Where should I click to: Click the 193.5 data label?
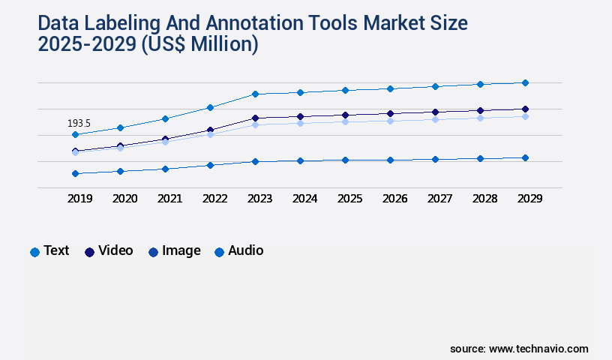tap(79, 123)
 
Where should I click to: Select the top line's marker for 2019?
tap(75, 135)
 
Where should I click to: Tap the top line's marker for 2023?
tap(255, 94)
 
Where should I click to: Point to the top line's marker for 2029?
tap(525, 82)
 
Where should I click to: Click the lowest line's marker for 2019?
tap(75, 173)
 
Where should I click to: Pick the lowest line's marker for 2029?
tap(525, 157)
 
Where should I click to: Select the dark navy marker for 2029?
tap(525, 109)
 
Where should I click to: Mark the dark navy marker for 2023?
tap(255, 118)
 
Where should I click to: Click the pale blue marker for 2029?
tap(525, 116)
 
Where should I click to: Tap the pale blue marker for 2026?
tap(390, 121)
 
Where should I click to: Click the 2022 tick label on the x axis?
tap(214, 199)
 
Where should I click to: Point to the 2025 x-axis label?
tap(349, 199)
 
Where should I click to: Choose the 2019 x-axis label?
tap(79, 199)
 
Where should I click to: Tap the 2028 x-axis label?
tap(484, 199)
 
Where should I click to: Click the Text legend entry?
tap(49, 250)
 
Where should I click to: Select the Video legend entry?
tap(109, 250)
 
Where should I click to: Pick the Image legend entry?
tap(174, 250)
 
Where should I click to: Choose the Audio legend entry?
tap(238, 250)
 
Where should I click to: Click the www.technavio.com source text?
tap(538, 349)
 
